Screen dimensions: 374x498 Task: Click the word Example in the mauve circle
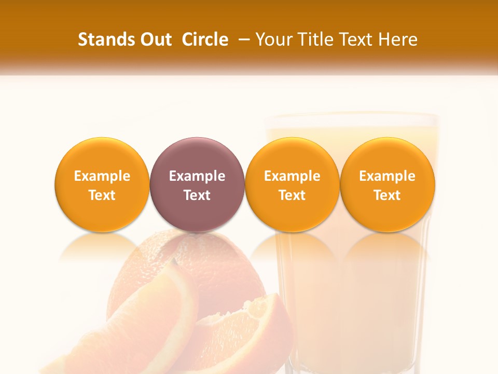(x=197, y=177)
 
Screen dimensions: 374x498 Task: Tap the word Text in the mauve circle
(x=197, y=195)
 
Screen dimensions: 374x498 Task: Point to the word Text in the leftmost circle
(x=102, y=195)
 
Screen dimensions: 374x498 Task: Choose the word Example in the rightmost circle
(x=388, y=177)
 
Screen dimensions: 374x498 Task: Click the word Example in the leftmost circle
(x=102, y=177)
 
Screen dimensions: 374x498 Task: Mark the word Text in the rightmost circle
(x=388, y=195)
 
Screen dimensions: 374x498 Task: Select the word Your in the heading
(x=273, y=39)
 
